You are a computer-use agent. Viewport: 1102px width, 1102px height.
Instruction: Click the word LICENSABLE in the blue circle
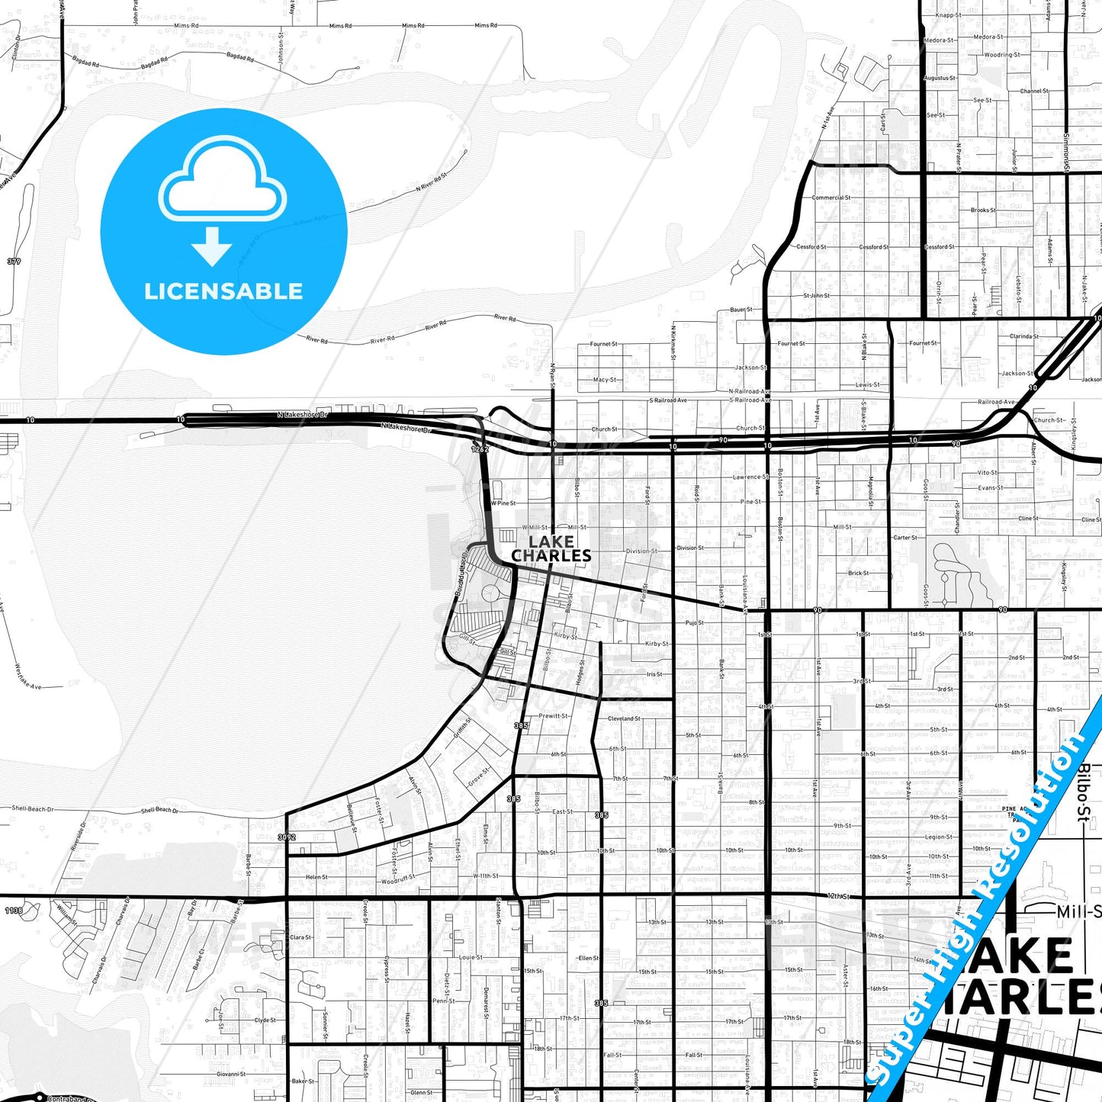pyautogui.click(x=223, y=291)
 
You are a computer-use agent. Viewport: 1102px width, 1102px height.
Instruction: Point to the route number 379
pyautogui.click(x=14, y=262)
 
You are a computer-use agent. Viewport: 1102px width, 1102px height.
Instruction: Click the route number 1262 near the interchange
pyautogui.click(x=479, y=449)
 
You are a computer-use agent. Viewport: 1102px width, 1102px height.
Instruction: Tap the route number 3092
pyautogui.click(x=287, y=837)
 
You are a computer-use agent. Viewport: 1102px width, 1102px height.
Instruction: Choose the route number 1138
pyautogui.click(x=14, y=911)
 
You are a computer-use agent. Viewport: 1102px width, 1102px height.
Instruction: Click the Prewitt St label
pyautogui.click(x=554, y=716)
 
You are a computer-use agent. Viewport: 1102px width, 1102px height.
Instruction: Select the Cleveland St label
pyautogui.click(x=625, y=718)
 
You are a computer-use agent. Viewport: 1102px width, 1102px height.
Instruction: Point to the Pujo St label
pyautogui.click(x=694, y=623)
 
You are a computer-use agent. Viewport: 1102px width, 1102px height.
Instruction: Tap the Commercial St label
pyautogui.click(x=831, y=198)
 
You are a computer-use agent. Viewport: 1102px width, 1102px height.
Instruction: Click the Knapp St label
pyautogui.click(x=948, y=15)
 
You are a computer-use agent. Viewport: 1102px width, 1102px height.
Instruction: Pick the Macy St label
pyautogui.click(x=604, y=380)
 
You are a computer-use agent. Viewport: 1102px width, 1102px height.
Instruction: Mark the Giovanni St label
pyautogui.click(x=231, y=1074)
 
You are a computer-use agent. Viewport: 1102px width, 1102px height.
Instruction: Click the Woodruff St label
pyautogui.click(x=397, y=880)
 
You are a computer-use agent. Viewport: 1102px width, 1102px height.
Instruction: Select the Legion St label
pyautogui.click(x=939, y=837)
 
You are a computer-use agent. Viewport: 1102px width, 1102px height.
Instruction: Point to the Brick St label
pyautogui.click(x=858, y=573)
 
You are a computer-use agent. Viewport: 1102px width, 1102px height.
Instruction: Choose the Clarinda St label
pyautogui.click(x=1023, y=336)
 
